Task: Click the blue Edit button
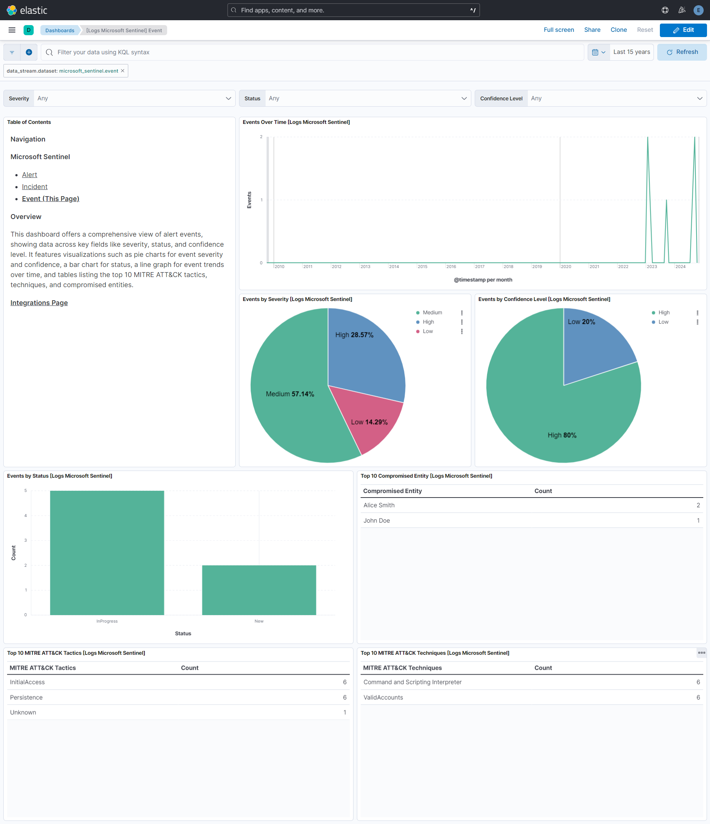coord(683,30)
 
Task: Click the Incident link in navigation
coord(34,186)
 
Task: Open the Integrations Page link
coord(39,302)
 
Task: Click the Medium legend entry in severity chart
coord(432,313)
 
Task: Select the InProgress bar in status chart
coord(107,553)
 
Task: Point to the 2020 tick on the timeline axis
coord(566,267)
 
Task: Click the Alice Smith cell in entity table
coord(379,505)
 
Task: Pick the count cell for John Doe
coord(698,520)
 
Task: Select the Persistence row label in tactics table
coord(26,697)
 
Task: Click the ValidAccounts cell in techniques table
coord(383,697)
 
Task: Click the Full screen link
coord(558,30)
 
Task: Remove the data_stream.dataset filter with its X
coord(123,71)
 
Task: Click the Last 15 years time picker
coord(631,52)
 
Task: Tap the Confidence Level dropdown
coord(616,98)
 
